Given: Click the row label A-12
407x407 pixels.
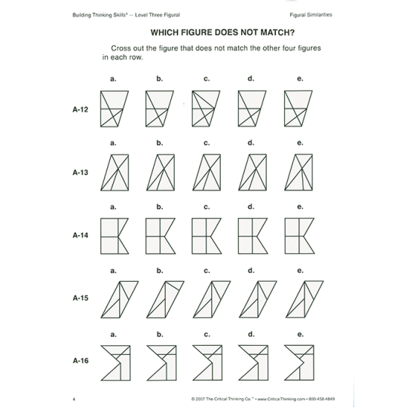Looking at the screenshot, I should coord(81,109).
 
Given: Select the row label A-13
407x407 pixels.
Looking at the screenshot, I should coord(81,172).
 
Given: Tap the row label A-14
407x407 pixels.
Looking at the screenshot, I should coord(81,234).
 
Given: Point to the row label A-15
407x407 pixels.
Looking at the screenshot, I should coord(81,298).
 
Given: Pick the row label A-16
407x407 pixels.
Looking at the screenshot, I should coord(81,360).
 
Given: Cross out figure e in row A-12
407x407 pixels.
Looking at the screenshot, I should coord(297,109).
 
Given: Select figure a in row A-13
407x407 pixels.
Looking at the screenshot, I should coord(114,172).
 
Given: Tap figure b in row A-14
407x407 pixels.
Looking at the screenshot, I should coord(159,234).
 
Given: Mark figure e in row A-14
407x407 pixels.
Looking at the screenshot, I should coord(297,234).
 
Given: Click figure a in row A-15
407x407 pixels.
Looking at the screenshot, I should coord(113,298).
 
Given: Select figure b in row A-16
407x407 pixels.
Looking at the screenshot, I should coord(159,360).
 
